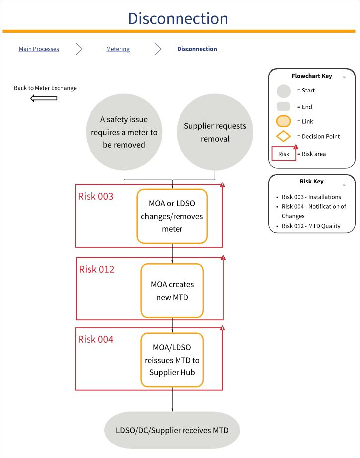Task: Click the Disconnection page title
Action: [x=178, y=18]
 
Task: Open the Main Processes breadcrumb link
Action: [x=39, y=49]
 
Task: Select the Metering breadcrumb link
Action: [x=118, y=49]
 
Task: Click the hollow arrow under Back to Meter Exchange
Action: [x=44, y=98]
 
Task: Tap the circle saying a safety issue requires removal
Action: [x=124, y=132]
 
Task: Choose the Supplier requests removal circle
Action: [x=215, y=132]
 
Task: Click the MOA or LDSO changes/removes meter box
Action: [x=172, y=216]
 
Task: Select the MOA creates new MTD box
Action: [x=172, y=290]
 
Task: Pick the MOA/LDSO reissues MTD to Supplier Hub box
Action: [x=172, y=360]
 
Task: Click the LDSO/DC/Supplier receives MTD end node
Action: [x=172, y=430]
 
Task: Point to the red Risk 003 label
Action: [x=95, y=196]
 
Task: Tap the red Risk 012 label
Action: [x=96, y=269]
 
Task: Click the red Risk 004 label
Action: [x=95, y=339]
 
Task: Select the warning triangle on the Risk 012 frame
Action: [x=223, y=258]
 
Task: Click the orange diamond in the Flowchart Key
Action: [x=283, y=136]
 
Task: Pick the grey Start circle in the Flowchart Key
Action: [x=283, y=91]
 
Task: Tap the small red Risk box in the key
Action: [x=284, y=154]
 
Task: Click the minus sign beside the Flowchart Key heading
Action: [x=344, y=77]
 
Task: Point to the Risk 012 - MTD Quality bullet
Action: [x=311, y=226]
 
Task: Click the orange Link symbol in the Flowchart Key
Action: [x=283, y=121]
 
